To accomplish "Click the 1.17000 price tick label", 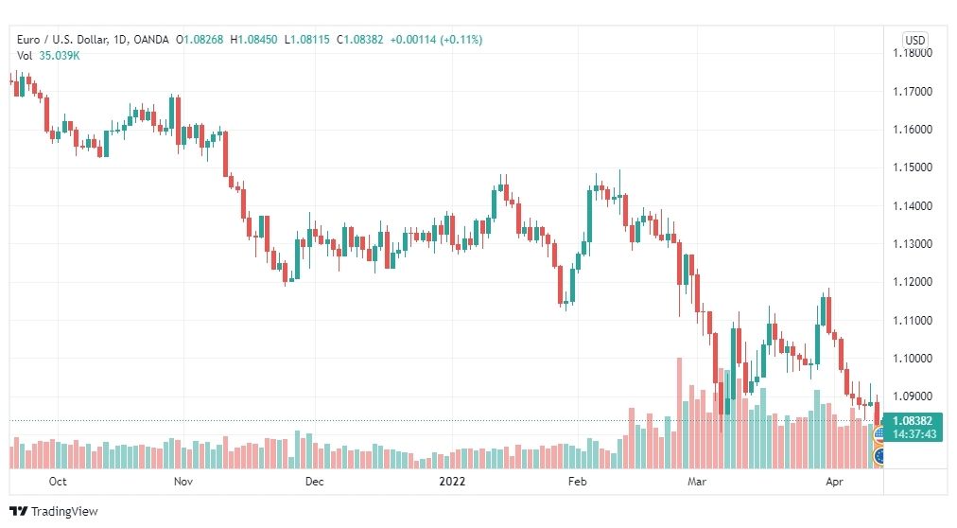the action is point(913,92).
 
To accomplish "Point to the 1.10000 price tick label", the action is point(913,359).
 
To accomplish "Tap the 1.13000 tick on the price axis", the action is point(913,244).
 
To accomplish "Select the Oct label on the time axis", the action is point(58,482).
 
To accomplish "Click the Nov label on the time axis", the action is point(183,482).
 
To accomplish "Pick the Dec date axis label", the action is point(314,482).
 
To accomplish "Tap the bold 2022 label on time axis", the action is point(452,482).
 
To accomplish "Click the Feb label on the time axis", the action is point(578,482).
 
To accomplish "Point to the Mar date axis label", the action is point(697,482).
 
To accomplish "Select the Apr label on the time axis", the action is point(834,482).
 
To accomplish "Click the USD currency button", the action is point(914,41).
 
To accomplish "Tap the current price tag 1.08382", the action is point(913,420).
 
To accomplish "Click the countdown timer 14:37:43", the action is point(914,434).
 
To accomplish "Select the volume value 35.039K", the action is point(60,56).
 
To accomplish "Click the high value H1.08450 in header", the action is point(253,40).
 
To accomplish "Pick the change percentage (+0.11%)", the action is point(461,40).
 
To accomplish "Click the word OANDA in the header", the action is point(150,40).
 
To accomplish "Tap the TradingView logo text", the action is point(64,512).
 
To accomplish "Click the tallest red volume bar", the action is point(679,414).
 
